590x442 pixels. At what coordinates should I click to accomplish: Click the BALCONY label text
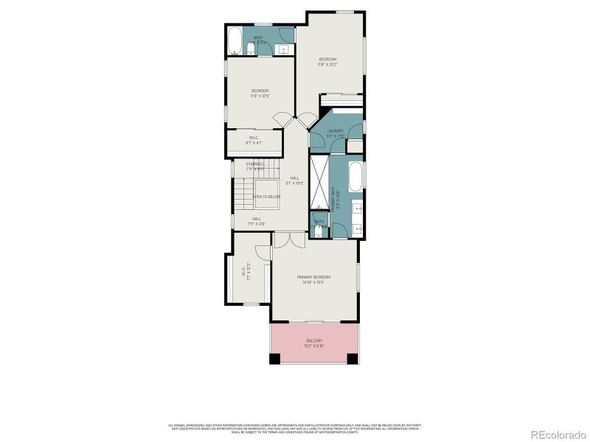point(314,340)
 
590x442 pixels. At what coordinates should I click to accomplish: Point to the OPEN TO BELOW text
point(266,197)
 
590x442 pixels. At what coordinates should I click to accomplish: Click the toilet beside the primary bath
point(319,231)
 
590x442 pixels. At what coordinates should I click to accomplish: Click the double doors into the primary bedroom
point(288,241)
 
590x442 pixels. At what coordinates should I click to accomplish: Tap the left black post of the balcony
point(274,359)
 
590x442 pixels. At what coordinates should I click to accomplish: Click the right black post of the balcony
point(353,359)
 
